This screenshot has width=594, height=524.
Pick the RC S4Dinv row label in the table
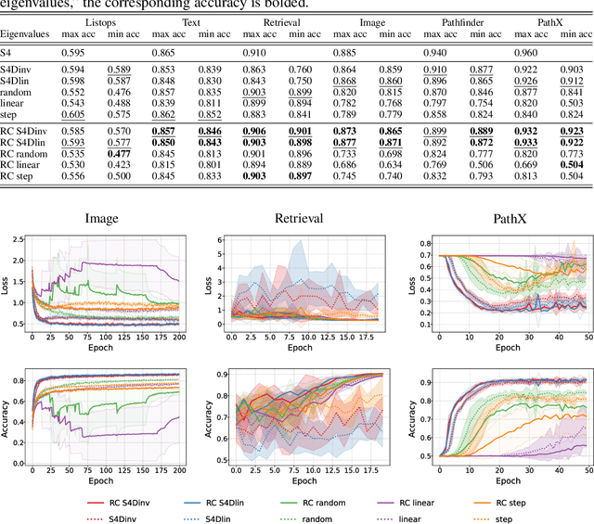[28, 132]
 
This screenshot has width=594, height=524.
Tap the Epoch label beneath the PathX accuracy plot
[507, 481]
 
